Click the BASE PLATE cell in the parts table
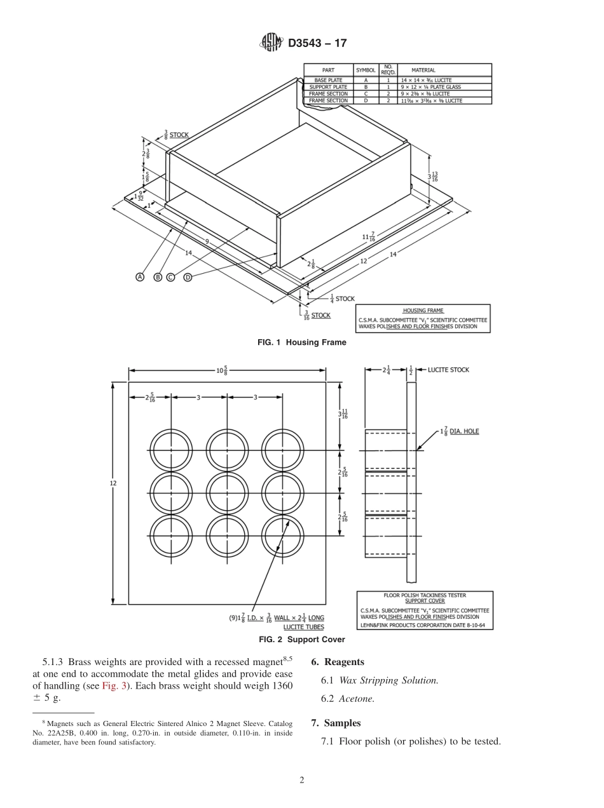pyautogui.click(x=328, y=81)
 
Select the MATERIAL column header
pyautogui.click(x=423, y=70)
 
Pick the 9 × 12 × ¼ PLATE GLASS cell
pyautogui.click(x=430, y=87)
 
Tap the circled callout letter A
pyautogui.click(x=140, y=277)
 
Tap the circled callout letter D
pyautogui.click(x=188, y=277)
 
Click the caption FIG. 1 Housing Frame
pyautogui.click(x=301, y=342)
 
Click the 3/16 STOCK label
pyautogui.click(x=316, y=315)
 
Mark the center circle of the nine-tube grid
pyautogui.click(x=227, y=493)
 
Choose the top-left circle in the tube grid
pyautogui.click(x=170, y=450)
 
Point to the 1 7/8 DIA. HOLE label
pyautogui.click(x=459, y=431)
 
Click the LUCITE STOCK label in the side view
pyautogui.click(x=448, y=370)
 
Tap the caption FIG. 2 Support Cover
pyautogui.click(x=301, y=640)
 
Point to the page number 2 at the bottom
pyautogui.click(x=302, y=781)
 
